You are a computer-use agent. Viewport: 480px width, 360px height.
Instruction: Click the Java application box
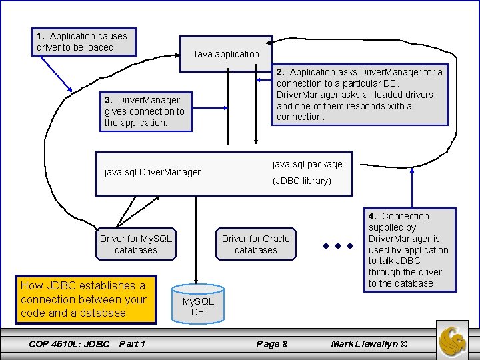(225, 54)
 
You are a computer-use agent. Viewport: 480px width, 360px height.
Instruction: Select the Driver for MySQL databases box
(136, 244)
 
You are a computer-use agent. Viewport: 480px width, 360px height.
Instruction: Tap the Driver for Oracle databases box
(256, 244)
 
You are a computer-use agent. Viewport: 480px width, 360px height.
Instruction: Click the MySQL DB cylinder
(198, 304)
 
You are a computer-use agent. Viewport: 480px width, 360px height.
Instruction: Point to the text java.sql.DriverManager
(152, 172)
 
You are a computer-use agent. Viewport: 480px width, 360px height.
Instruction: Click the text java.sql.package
(307, 165)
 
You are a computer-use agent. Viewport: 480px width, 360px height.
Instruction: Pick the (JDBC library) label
(302, 181)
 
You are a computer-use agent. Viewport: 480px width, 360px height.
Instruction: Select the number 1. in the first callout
(41, 36)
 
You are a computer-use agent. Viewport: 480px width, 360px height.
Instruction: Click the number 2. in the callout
(281, 72)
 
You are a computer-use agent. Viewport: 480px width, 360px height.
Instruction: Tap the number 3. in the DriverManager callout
(109, 100)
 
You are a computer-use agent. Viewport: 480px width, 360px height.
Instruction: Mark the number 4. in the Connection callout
(373, 216)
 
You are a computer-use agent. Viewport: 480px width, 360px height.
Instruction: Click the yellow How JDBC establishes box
(86, 299)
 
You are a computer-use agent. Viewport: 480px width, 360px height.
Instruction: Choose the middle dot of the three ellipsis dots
(338, 246)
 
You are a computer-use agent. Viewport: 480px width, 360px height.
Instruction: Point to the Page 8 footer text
(272, 344)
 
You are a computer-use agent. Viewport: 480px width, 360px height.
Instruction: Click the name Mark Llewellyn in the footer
(364, 344)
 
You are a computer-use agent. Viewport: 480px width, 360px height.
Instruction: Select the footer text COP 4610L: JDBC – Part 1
(87, 344)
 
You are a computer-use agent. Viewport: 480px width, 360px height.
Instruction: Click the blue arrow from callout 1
(56, 74)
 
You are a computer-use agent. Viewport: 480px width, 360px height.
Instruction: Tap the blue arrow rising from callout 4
(412, 187)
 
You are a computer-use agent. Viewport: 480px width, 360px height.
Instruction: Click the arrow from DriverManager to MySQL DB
(196, 240)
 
